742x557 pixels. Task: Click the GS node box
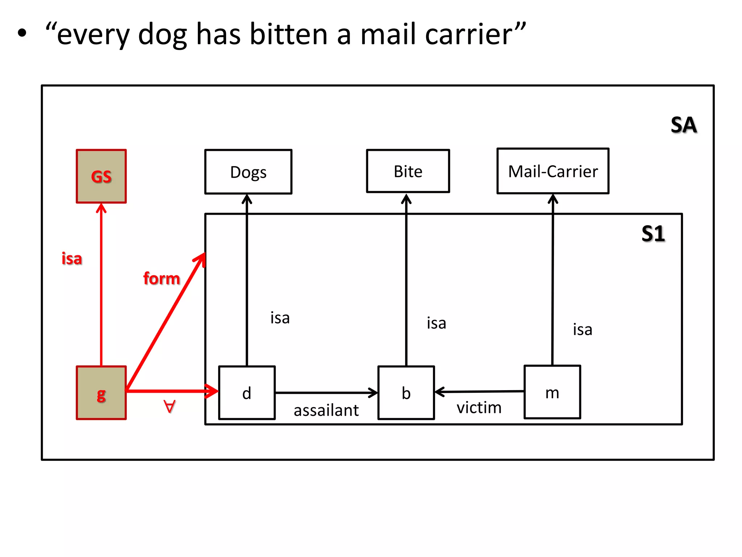(101, 176)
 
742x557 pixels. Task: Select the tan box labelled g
(101, 393)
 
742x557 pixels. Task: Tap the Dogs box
(248, 172)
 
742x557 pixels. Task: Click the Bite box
(408, 171)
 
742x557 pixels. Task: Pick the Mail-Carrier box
(553, 171)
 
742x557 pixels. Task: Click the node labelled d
(247, 393)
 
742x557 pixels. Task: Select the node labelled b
(406, 393)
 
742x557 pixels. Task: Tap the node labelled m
(552, 392)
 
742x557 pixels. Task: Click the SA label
(684, 125)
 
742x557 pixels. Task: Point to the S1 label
(653, 234)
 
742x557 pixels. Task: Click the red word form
(162, 278)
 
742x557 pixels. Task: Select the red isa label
(72, 259)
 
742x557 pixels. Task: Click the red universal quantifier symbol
(169, 407)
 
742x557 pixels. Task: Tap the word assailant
(326, 410)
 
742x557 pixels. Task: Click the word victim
(479, 408)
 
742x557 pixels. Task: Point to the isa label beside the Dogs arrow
(280, 318)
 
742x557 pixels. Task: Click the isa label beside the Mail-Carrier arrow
(583, 330)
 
